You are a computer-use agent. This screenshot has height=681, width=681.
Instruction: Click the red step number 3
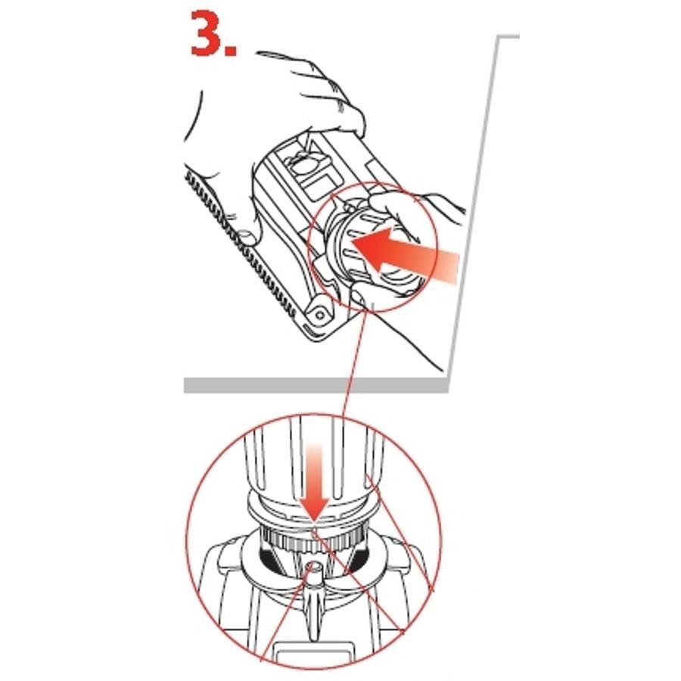207,33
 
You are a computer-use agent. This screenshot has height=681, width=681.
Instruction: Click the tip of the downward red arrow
315,521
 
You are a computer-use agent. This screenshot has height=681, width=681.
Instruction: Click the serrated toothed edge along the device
242,244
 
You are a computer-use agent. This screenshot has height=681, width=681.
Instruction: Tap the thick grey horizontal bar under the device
316,385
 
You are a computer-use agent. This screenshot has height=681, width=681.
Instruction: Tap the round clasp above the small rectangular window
304,162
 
